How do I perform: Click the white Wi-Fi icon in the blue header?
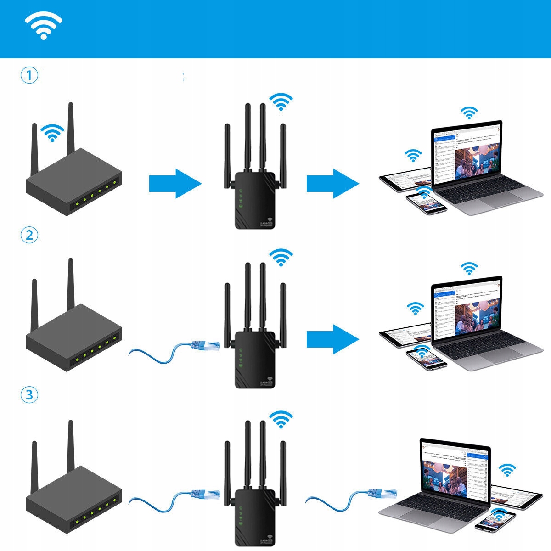pos(44,26)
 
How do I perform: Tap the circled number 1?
pos(30,75)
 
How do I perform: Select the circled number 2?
pos(30,235)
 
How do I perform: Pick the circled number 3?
pos(30,394)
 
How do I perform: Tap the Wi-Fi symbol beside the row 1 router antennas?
pos(52,133)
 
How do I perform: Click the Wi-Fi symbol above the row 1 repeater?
pos(281,102)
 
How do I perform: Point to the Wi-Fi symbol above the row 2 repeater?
pos(281,258)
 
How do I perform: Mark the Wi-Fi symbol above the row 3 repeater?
pos(281,419)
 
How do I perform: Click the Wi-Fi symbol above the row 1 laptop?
pos(469,112)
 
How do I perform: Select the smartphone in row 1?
pos(427,202)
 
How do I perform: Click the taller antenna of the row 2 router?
pos(70,285)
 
